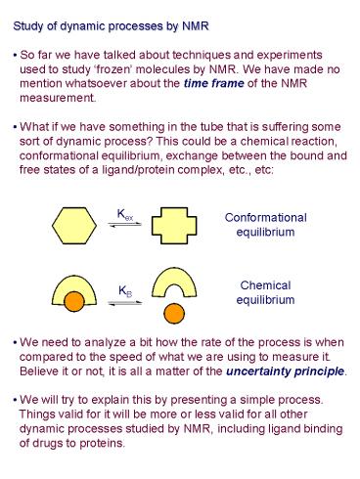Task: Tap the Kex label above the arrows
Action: pyautogui.click(x=125, y=211)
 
